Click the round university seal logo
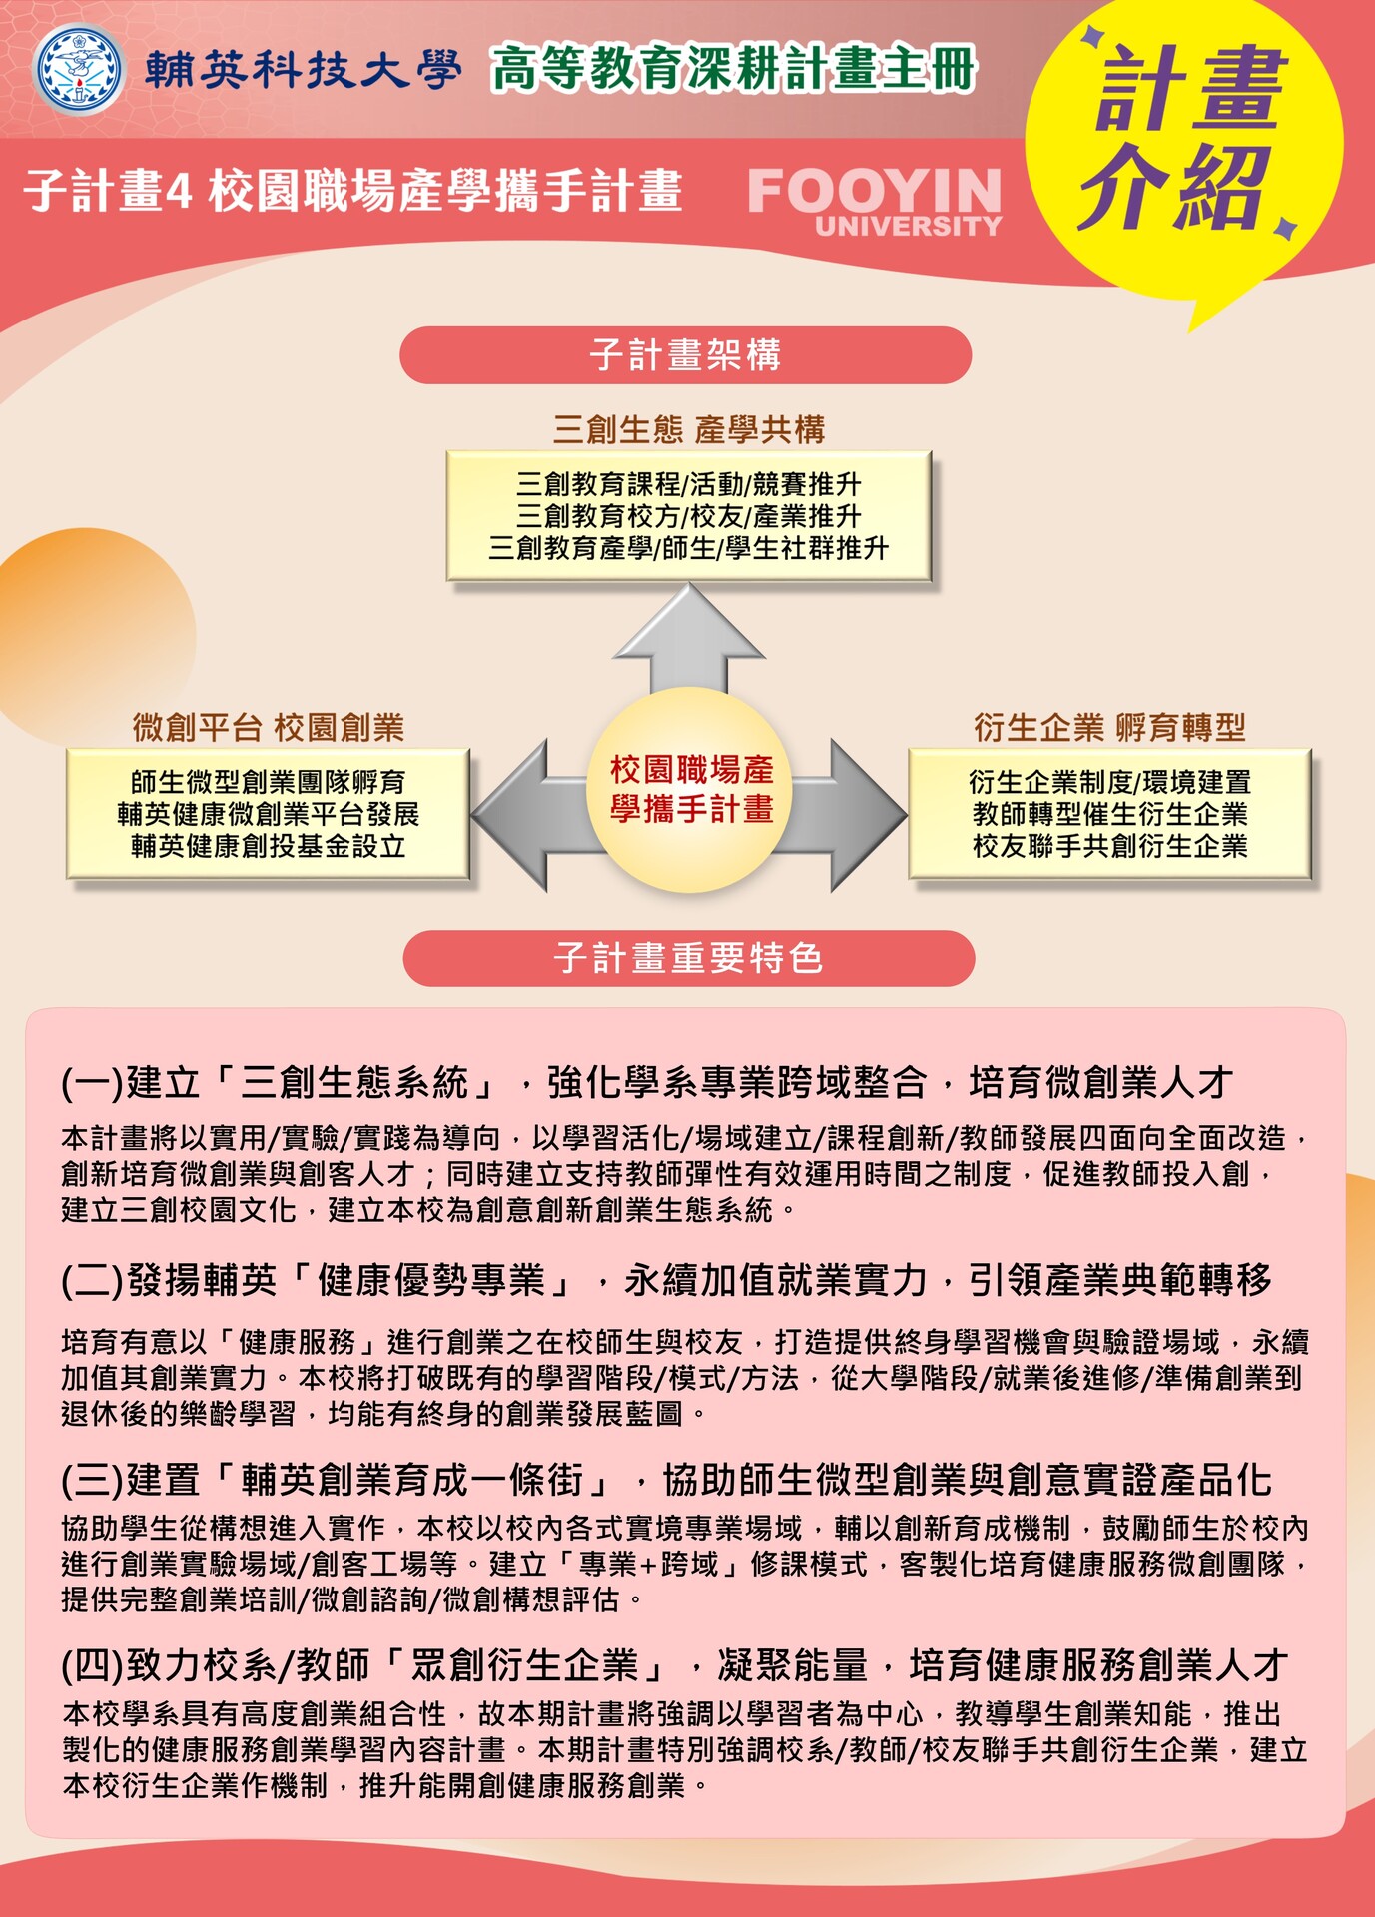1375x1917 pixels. (79, 70)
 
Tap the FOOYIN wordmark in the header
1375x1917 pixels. (874, 190)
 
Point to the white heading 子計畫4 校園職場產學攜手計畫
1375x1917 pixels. (353, 190)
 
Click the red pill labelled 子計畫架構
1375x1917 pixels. (685, 354)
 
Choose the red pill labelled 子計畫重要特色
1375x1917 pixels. (688, 958)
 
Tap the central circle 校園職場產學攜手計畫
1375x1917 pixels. (691, 789)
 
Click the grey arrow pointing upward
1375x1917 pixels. (689, 639)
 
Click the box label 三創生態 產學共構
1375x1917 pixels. (689, 429)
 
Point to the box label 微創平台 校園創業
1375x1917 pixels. (269, 727)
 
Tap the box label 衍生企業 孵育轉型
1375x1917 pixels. (1109, 727)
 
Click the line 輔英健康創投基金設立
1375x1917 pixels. (269, 846)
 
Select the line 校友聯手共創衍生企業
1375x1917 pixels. (1109, 846)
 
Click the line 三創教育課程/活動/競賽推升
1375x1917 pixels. (689, 484)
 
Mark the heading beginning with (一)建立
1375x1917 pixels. (647, 1082)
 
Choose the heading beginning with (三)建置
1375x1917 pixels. (666, 1479)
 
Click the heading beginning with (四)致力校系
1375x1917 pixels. (674, 1664)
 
